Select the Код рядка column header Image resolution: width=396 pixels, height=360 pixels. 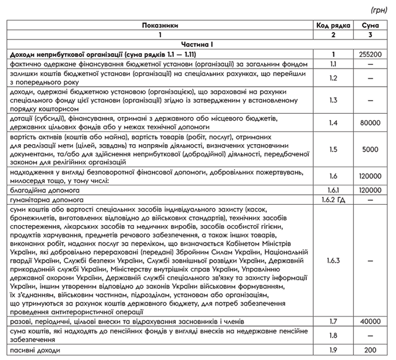pyautogui.click(x=332, y=27)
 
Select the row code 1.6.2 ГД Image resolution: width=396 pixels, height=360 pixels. pyautogui.click(x=332, y=201)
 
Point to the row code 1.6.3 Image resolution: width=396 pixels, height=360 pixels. pyautogui.click(x=332, y=261)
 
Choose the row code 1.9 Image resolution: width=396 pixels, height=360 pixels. pyautogui.click(x=332, y=351)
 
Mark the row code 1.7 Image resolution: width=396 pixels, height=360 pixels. pyautogui.click(x=332, y=322)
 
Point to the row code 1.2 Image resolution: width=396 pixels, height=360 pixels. pyautogui.click(x=332, y=78)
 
